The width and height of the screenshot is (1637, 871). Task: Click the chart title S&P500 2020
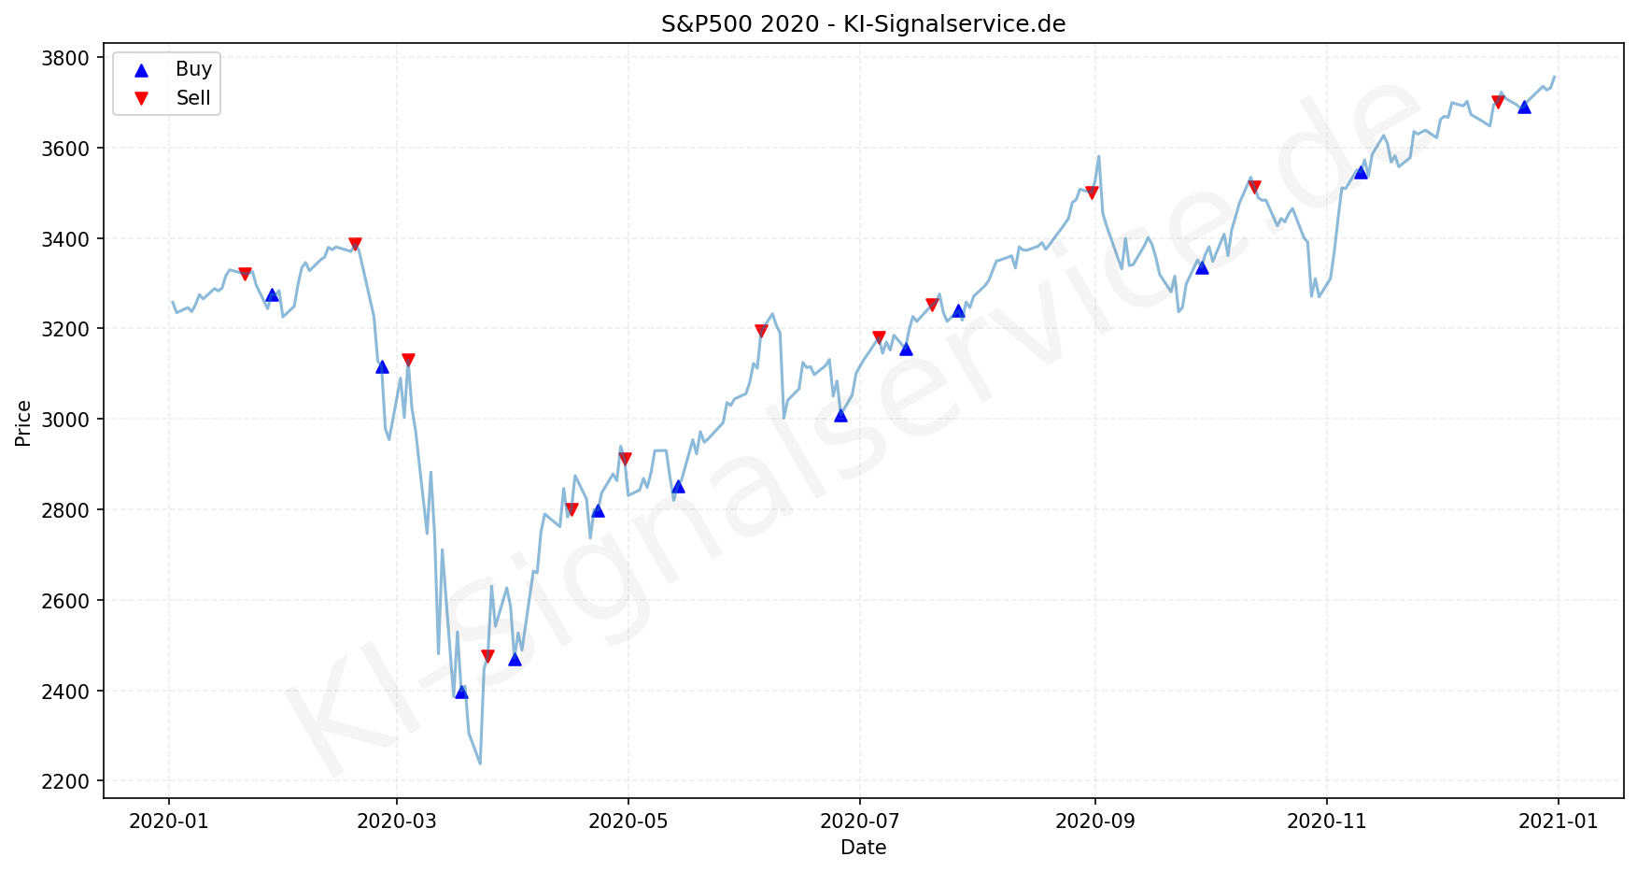tap(863, 24)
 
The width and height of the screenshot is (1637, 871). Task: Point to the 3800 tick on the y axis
tap(66, 59)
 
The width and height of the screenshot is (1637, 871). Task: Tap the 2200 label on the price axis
tap(66, 781)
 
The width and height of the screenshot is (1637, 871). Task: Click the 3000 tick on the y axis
tap(66, 420)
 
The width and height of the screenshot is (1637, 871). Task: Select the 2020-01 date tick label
tap(169, 821)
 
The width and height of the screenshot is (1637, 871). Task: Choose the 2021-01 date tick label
tap(1558, 821)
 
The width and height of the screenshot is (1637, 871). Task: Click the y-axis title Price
tap(23, 423)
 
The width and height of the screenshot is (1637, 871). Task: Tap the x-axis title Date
tap(863, 848)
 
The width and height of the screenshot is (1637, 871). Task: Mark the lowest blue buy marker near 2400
tap(461, 692)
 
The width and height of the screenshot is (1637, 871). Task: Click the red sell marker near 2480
tap(487, 656)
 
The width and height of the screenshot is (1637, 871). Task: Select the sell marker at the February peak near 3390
tap(355, 244)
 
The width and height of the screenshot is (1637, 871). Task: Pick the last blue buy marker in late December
tap(1524, 107)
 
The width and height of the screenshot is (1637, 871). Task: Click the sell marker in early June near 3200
tap(761, 331)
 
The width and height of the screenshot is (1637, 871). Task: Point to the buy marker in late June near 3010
tap(840, 415)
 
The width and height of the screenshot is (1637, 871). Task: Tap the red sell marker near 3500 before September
tap(1092, 193)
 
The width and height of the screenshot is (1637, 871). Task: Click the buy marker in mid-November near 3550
tap(1361, 172)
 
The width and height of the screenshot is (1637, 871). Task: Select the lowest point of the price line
tap(480, 764)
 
